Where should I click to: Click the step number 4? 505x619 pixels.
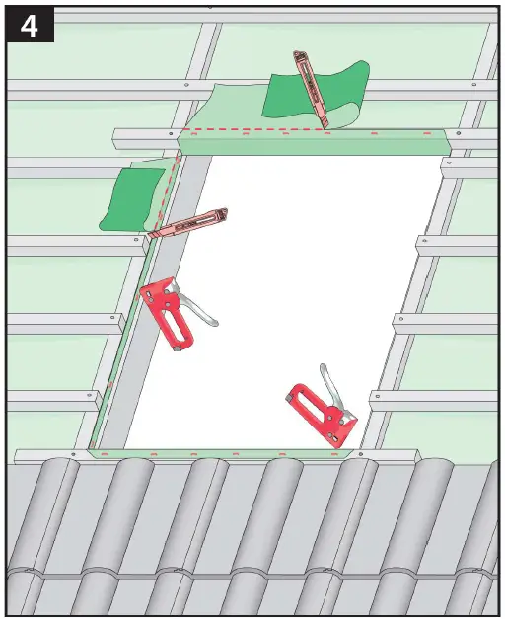(x=29, y=26)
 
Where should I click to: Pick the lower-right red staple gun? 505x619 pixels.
(x=318, y=413)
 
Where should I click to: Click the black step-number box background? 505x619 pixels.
(x=12, y=26)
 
